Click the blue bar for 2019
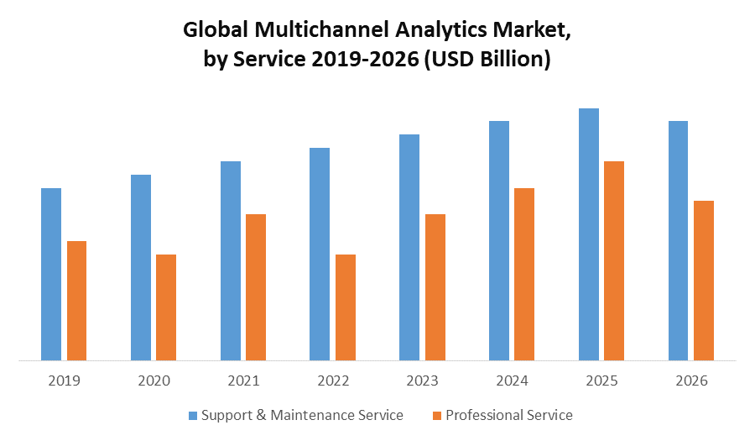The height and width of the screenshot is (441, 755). (51, 275)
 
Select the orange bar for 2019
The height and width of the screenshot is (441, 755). (76, 301)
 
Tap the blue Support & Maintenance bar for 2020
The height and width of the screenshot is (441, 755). (141, 268)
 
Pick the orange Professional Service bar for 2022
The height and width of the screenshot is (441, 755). (346, 307)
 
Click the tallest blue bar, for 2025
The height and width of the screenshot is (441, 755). (589, 234)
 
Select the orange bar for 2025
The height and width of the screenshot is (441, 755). (614, 261)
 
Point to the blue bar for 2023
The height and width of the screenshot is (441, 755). (409, 248)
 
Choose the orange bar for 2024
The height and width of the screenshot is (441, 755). (524, 275)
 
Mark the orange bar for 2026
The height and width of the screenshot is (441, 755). (704, 281)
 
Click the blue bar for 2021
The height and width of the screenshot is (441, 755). (231, 261)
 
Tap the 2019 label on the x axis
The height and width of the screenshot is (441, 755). (64, 381)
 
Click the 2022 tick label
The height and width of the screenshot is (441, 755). (333, 381)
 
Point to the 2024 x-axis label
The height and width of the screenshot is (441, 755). (512, 381)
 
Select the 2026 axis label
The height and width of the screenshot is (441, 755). (691, 381)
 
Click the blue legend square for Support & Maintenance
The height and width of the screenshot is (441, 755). (192, 415)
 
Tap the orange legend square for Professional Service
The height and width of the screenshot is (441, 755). (436, 415)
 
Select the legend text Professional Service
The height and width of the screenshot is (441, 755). (509, 415)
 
